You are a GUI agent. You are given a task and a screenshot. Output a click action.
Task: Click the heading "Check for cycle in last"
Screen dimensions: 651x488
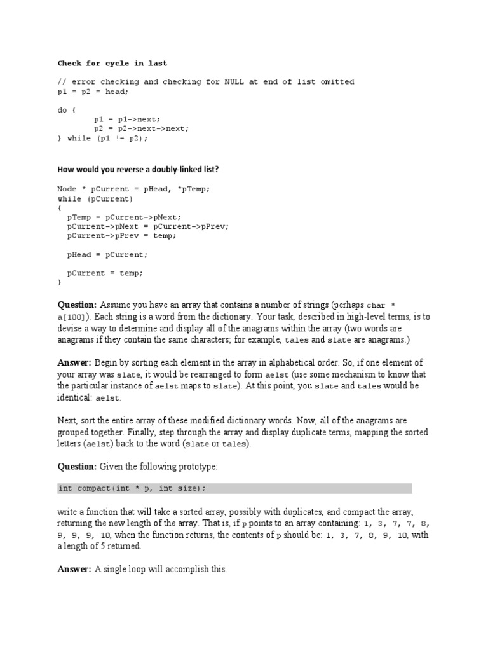(x=112, y=64)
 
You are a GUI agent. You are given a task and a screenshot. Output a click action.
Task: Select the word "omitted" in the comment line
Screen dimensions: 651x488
(x=337, y=82)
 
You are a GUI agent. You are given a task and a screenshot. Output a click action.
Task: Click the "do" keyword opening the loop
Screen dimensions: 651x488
(x=62, y=109)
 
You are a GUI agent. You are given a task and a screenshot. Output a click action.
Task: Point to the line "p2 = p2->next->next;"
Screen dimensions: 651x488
(x=141, y=128)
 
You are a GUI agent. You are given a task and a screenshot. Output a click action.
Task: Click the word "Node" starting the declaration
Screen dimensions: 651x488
(x=67, y=189)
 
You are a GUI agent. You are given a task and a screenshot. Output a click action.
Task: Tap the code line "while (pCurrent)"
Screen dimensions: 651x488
(x=95, y=198)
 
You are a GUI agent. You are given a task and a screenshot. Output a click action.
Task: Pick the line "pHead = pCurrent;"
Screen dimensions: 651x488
(x=107, y=254)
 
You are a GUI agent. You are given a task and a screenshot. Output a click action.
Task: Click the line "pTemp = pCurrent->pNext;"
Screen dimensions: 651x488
(x=124, y=217)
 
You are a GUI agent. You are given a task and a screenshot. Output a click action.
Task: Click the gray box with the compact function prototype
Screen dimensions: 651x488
(x=234, y=488)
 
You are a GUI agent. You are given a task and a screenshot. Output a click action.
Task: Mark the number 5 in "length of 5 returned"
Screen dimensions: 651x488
(x=100, y=546)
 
